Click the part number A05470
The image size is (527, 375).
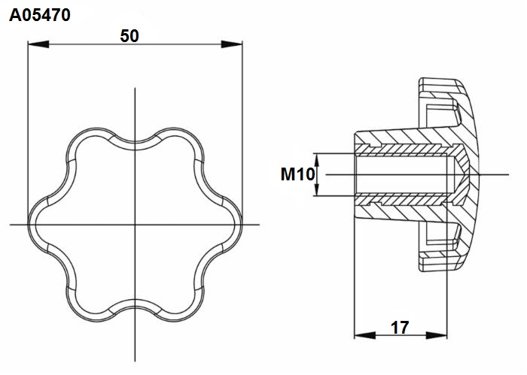[40, 15]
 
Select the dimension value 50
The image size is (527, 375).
[129, 36]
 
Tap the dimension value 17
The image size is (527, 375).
[400, 328]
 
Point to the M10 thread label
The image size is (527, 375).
[297, 174]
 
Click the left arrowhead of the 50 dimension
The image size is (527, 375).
[38, 44]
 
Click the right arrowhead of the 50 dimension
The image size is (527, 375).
[232, 44]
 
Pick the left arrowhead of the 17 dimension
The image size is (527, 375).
[365, 334]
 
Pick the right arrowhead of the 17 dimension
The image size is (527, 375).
[437, 334]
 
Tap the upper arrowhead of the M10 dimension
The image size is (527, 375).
[316, 159]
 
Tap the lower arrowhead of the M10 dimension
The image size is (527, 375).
[316, 189]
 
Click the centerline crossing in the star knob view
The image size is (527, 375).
[135, 225]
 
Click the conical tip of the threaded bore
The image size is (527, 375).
[462, 174]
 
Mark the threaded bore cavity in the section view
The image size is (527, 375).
[404, 174]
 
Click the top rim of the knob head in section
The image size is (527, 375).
[440, 82]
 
